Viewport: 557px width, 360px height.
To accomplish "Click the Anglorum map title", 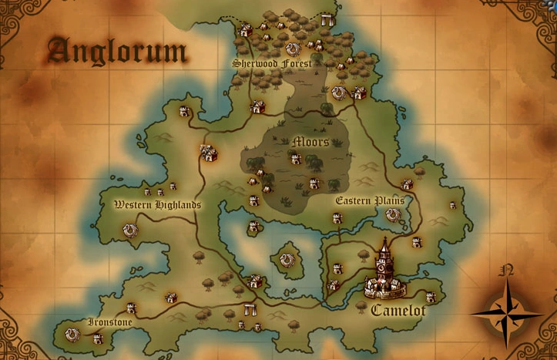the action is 117,51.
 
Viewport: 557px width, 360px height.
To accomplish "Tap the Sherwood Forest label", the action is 272,63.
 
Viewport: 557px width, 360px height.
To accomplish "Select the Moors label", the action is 311,142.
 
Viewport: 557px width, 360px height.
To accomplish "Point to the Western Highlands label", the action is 157,205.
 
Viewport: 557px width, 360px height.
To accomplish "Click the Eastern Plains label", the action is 370,200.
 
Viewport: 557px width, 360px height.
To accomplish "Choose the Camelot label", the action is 398,311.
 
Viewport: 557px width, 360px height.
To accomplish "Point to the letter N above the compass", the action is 507,271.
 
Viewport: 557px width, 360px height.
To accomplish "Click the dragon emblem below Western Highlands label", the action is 129,230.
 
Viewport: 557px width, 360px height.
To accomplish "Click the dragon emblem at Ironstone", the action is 72,335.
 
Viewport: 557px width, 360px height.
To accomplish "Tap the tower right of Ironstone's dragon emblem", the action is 98,338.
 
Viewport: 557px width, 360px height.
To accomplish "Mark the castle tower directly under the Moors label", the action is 295,158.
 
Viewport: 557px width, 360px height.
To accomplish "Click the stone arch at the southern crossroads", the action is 249,310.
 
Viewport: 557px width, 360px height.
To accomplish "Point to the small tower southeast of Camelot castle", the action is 431,297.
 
